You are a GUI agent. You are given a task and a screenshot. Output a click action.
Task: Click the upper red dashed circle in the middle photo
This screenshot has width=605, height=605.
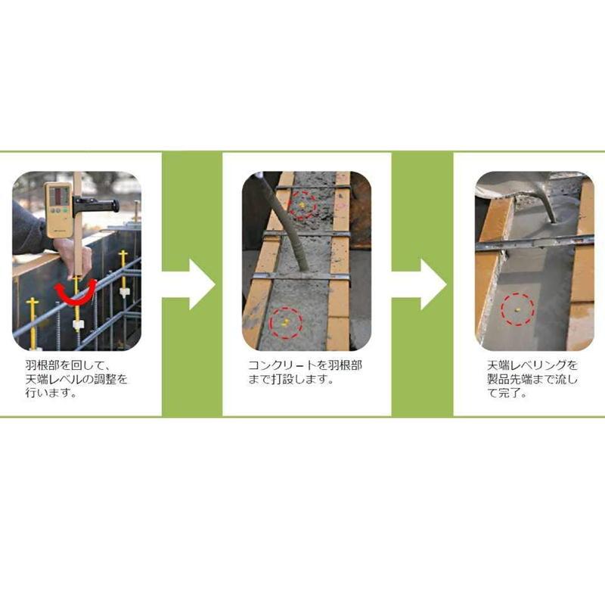tap(304, 204)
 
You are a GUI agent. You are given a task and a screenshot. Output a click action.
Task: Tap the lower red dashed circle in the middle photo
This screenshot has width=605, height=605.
tap(286, 321)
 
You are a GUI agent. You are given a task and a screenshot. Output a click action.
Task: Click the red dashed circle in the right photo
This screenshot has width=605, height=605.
tap(518, 309)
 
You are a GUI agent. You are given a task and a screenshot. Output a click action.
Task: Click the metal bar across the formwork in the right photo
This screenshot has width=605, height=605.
tap(533, 243)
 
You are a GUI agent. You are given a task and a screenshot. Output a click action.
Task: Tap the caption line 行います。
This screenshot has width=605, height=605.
tap(51, 394)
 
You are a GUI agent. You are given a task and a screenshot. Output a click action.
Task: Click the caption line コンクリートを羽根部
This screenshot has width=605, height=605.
tap(306, 365)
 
